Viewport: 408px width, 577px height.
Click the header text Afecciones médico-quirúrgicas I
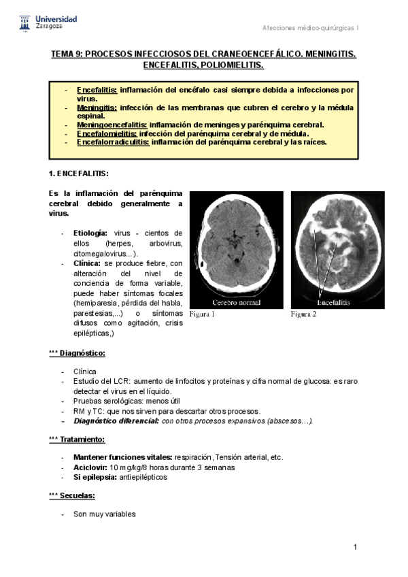click(311, 27)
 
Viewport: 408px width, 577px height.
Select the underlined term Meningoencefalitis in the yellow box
click(112, 125)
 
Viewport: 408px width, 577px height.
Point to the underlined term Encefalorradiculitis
click(114, 142)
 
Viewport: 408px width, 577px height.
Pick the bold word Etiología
click(90, 233)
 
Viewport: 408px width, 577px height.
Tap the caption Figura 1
click(202, 314)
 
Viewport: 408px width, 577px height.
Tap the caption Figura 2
click(304, 314)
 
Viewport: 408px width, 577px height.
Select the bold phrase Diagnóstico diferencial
click(116, 421)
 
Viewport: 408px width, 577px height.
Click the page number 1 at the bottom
click(356, 547)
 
